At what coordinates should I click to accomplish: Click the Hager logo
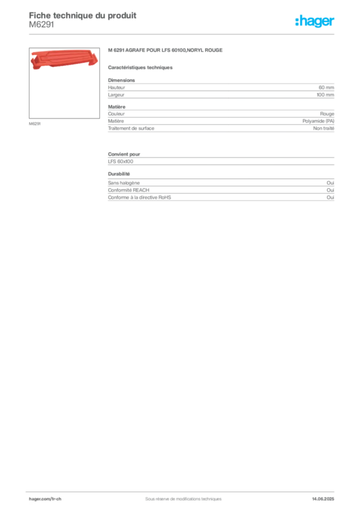[315, 21]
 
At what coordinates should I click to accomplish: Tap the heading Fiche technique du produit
[83, 15]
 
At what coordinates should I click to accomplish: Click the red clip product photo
[64, 60]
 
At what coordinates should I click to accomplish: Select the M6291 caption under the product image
[35, 124]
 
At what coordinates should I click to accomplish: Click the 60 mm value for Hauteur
[326, 87]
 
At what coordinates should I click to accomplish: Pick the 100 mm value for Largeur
[325, 95]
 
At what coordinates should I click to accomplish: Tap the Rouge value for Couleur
[327, 114]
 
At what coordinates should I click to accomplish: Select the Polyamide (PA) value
[318, 121]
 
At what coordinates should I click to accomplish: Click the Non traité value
[324, 128]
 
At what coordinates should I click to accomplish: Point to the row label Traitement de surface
[131, 128]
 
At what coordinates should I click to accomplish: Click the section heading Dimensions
[121, 80]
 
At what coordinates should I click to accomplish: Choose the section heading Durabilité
[119, 174]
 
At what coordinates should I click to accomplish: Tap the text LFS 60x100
[120, 162]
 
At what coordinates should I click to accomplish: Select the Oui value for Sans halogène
[331, 183]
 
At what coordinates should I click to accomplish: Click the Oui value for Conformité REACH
[331, 190]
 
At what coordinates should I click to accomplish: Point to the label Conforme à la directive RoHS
[140, 197]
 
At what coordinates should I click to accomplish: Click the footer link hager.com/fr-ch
[45, 499]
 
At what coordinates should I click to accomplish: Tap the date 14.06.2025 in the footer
[323, 499]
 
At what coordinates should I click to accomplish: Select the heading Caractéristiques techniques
[140, 68]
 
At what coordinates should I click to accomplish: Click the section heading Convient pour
[124, 154]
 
